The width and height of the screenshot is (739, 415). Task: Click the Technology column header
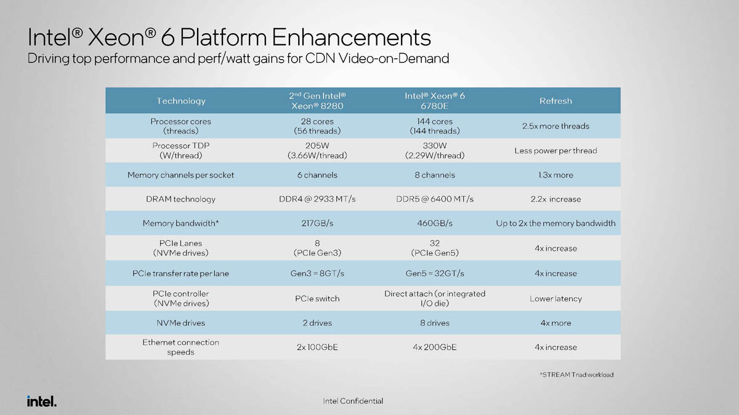click(181, 101)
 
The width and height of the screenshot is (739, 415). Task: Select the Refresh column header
click(555, 101)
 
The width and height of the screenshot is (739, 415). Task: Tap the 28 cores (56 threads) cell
click(317, 126)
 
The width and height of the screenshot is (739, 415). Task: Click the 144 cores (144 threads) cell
click(435, 126)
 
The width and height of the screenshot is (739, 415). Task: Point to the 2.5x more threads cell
click(555, 126)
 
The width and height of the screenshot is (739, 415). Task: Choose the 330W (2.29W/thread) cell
click(435, 151)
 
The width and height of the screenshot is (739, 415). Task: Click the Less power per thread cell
click(555, 151)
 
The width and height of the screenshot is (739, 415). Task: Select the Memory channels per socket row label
click(181, 175)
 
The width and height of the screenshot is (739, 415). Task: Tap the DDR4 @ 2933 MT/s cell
click(317, 199)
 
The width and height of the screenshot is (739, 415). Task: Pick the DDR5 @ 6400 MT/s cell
click(435, 199)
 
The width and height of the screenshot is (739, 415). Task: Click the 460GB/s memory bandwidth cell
click(435, 223)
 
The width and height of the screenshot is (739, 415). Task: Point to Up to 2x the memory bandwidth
click(555, 223)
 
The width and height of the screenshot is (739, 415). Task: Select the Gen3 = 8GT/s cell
click(317, 274)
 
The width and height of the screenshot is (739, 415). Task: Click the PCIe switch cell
click(317, 299)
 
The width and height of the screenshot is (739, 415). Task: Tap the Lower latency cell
click(555, 299)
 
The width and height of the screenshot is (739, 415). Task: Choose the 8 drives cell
click(435, 323)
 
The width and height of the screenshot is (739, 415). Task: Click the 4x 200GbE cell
click(435, 347)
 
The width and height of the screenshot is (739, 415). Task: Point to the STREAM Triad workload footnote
click(576, 375)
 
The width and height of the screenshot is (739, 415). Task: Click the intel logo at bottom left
click(42, 401)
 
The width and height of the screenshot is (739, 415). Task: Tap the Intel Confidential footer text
click(353, 401)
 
